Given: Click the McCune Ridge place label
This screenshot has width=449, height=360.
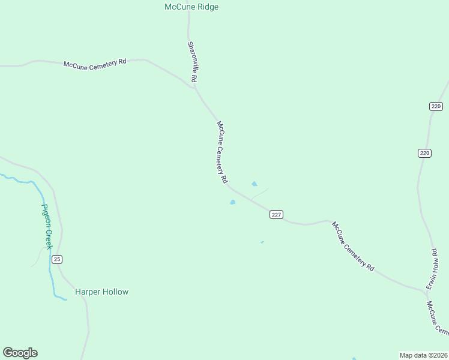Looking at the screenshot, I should coord(191,7).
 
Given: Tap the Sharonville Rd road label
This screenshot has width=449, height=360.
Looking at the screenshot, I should coord(192,62).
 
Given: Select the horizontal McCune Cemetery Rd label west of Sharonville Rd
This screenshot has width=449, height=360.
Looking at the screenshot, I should coord(95,64).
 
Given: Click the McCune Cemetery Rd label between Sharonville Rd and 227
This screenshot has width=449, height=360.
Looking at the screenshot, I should coord(222,152).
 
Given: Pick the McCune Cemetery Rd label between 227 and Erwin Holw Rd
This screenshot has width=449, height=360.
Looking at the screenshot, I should coord(353,246).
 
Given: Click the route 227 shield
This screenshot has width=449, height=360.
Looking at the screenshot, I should coord(276,215).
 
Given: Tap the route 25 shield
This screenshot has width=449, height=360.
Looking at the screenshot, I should coord(57,259).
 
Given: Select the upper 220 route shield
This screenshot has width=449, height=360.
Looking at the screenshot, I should coord(436,106).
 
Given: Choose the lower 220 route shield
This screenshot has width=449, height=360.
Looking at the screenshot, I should coord(424,153).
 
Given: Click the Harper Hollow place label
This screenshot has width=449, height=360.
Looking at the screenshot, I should coord(101,292).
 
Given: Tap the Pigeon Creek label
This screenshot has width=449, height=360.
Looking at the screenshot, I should coord(47,226).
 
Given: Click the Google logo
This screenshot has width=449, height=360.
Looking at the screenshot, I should coord(20,353).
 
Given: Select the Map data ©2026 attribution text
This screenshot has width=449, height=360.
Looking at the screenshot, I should coord(423,355).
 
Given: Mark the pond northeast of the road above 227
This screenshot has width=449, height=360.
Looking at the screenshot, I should coord(255,184).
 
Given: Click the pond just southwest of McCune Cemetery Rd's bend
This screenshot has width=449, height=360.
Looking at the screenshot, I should coord(232,202).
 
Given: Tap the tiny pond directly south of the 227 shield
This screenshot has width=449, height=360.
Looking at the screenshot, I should coord(262,242).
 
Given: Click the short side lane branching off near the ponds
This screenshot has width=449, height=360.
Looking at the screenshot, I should coord(259,194).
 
